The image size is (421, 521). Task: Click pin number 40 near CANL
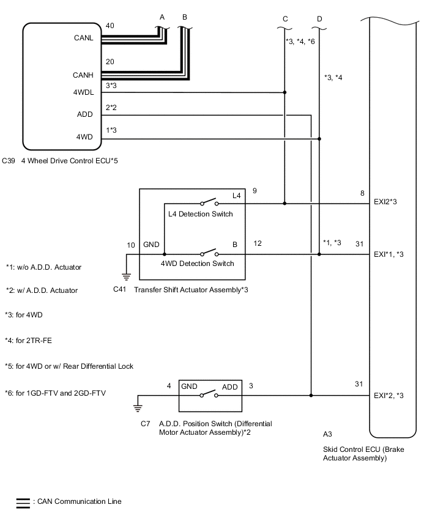click(x=110, y=26)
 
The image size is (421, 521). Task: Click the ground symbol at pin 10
click(x=126, y=276)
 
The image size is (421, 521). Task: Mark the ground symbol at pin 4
click(x=138, y=408)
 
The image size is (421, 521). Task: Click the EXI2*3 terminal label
click(x=388, y=203)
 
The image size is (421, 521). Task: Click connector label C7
click(x=144, y=423)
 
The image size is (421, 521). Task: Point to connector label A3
click(x=327, y=434)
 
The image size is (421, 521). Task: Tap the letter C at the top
click(x=285, y=19)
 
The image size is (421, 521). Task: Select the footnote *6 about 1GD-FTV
click(x=55, y=393)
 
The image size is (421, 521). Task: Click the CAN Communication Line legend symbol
click(x=23, y=503)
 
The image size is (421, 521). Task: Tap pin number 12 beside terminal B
click(x=258, y=243)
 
